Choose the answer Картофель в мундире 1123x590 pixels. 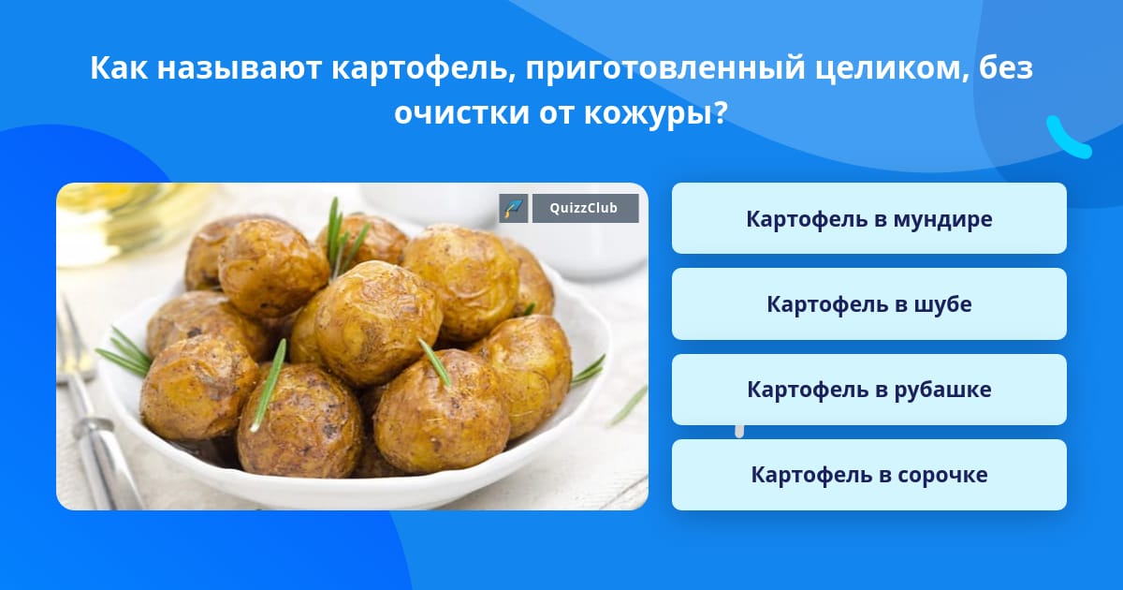(868, 218)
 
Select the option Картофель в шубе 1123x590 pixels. (868, 304)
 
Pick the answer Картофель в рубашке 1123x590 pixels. (868, 390)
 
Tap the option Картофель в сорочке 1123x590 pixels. (868, 475)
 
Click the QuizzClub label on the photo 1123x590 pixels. (585, 208)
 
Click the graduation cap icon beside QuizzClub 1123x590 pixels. (514, 208)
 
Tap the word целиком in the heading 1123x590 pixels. (891, 68)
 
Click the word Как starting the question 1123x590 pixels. (119, 67)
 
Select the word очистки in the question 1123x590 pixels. (461, 113)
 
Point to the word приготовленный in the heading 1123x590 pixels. (664, 68)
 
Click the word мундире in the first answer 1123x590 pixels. (942, 219)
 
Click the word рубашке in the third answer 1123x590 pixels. (942, 390)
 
